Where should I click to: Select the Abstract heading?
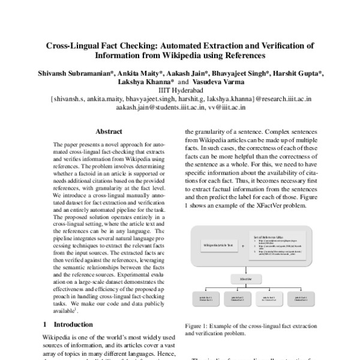(109, 131)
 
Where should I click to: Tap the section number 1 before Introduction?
(45, 324)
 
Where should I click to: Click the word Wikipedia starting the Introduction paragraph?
(58, 337)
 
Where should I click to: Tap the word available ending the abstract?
(66, 311)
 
